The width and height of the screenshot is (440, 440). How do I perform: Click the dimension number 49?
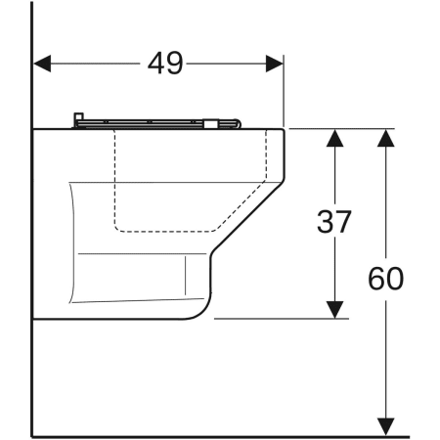point(165,64)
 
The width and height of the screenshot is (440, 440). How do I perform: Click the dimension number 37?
point(334,223)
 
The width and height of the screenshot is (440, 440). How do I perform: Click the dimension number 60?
point(386,279)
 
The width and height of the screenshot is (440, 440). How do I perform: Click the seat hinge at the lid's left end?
point(77,120)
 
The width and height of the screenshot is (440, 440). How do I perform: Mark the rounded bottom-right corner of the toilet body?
point(199,310)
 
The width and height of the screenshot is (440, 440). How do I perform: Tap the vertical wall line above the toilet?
point(32,59)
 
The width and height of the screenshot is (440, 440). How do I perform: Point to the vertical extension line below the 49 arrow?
point(284,98)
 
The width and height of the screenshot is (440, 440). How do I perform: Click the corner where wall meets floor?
point(32,436)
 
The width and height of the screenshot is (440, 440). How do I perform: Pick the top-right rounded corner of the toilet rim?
point(281,131)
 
